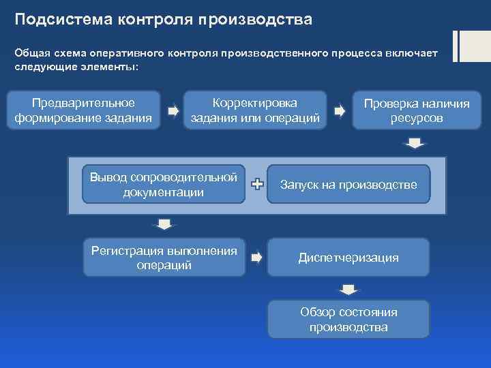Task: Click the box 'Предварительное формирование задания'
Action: (x=83, y=110)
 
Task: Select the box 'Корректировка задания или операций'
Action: (x=255, y=110)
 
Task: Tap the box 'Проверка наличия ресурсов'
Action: (x=416, y=110)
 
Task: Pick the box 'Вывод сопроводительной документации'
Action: (x=163, y=184)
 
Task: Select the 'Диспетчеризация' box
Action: (x=348, y=258)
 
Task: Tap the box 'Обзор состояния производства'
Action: (x=348, y=319)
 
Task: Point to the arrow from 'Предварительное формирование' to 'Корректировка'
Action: (x=173, y=110)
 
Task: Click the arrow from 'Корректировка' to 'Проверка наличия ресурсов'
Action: (x=339, y=110)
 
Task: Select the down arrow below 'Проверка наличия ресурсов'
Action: (x=415, y=143)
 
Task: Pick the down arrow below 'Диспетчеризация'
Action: (x=348, y=289)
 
